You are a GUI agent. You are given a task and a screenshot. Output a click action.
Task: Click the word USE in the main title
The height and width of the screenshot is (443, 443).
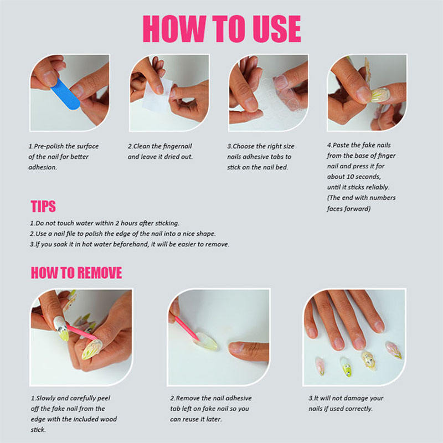pos(276,29)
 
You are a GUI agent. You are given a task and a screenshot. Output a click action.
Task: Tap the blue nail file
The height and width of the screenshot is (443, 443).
pos(65,94)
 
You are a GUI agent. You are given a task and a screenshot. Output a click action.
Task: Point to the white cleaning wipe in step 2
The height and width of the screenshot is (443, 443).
pos(157,95)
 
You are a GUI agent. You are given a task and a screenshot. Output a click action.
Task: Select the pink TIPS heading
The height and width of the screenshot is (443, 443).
pos(43,206)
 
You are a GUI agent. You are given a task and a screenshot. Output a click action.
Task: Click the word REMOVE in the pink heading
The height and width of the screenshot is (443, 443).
pos(100,273)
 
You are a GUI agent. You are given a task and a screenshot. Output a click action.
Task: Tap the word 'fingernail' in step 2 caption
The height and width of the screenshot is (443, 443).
pos(177,146)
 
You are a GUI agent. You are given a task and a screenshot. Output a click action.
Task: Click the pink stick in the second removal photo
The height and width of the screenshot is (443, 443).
pos(187,328)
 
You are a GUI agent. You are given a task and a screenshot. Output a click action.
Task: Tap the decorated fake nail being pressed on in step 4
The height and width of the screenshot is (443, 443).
pos(380,94)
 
